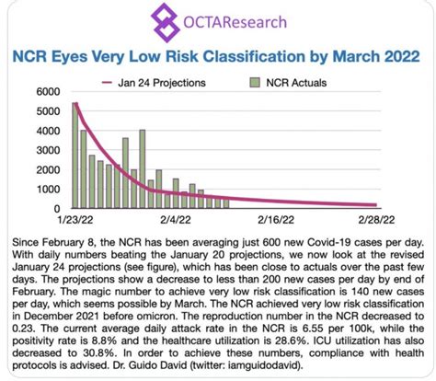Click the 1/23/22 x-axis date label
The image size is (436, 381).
pos(74,222)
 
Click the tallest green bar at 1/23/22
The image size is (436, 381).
pos(75,156)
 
